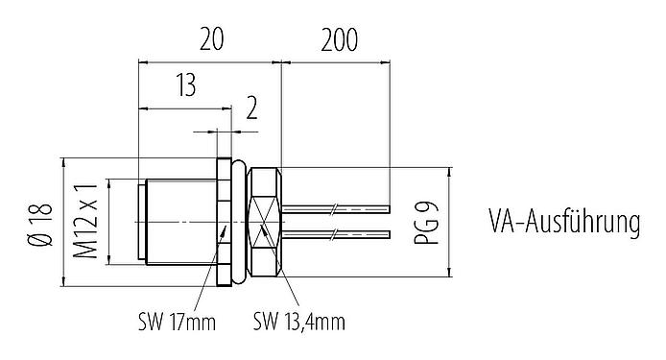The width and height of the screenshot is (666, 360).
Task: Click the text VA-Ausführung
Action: click(564, 223)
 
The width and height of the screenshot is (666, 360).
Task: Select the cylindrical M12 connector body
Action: click(178, 222)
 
